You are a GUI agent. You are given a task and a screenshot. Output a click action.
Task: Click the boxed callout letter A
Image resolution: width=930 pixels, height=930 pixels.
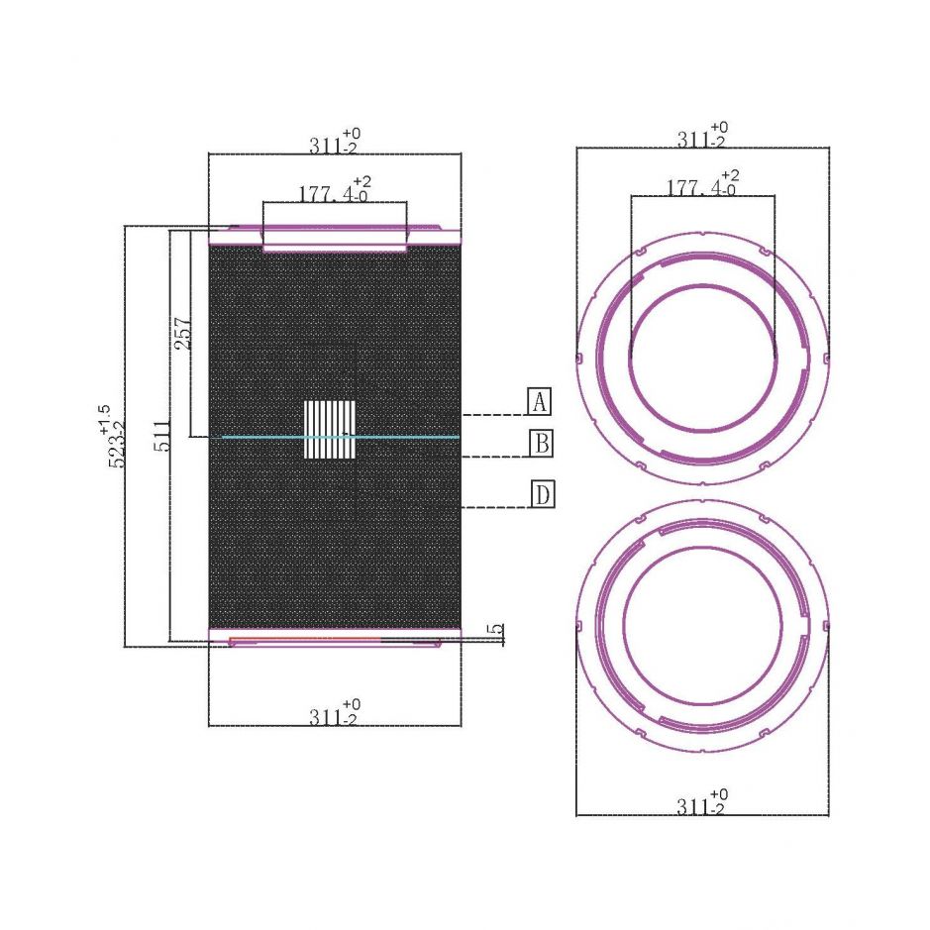pyautogui.click(x=539, y=401)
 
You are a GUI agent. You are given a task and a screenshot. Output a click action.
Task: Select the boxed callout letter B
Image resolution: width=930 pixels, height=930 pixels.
pyautogui.click(x=542, y=443)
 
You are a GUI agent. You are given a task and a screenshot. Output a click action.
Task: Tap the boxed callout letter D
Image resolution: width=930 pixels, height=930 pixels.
pyautogui.click(x=543, y=494)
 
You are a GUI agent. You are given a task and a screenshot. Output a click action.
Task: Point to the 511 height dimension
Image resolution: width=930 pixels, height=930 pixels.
pyautogui.click(x=161, y=436)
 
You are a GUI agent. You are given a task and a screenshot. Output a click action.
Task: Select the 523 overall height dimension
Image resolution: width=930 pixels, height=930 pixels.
pyautogui.click(x=116, y=444)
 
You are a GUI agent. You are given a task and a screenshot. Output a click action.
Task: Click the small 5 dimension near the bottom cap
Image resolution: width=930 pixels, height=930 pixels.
pyautogui.click(x=496, y=631)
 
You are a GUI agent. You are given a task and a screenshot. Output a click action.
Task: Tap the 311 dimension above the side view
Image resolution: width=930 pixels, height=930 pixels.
pyautogui.click(x=334, y=143)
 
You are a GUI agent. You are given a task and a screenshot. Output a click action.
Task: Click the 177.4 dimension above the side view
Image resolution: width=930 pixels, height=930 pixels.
pyautogui.click(x=334, y=190)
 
